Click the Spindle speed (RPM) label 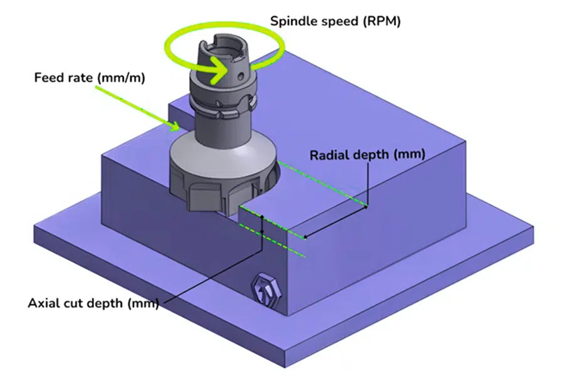(x=335, y=21)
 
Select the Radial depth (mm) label (x=367, y=154)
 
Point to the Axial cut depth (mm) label (x=93, y=303)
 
